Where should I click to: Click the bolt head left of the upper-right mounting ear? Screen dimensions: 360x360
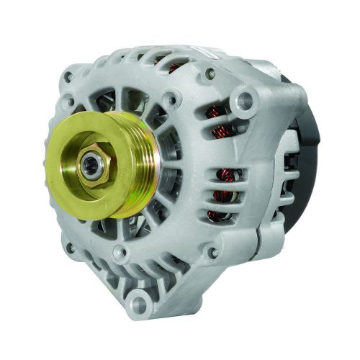(x=210, y=73)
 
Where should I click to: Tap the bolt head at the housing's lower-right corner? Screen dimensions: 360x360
(x=210, y=253)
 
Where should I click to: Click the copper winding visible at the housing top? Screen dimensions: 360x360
(x=174, y=68)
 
